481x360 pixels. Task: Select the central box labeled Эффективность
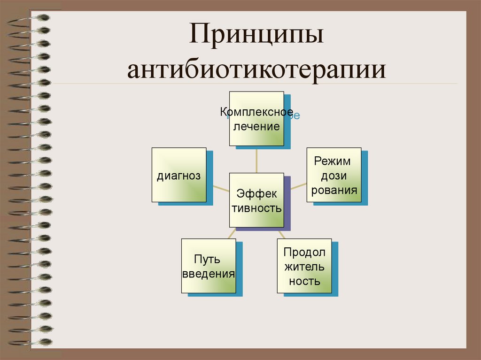tap(256, 200)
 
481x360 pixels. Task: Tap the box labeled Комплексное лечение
tap(256, 119)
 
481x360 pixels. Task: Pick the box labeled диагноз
tap(179, 175)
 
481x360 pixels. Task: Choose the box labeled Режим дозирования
tap(334, 175)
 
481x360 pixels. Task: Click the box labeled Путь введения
tap(208, 266)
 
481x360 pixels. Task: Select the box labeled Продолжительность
tap(304, 266)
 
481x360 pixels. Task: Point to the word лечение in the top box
tap(257, 126)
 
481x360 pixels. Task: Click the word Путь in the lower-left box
tap(208, 260)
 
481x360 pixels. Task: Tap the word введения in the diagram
tap(208, 274)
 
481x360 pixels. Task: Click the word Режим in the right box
tap(333, 161)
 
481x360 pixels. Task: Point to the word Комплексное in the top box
tap(256, 112)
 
